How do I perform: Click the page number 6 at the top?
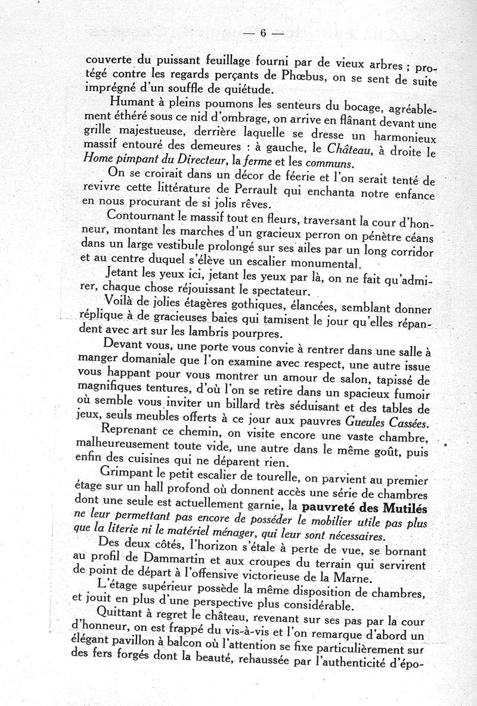click(262, 33)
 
